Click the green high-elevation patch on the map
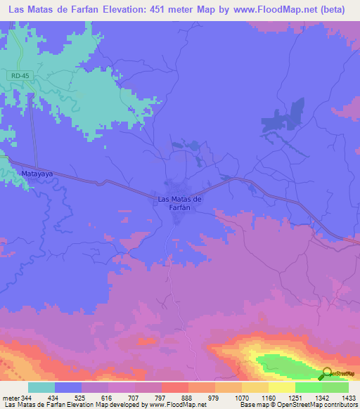point(288,365)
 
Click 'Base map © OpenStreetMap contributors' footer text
point(298,405)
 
